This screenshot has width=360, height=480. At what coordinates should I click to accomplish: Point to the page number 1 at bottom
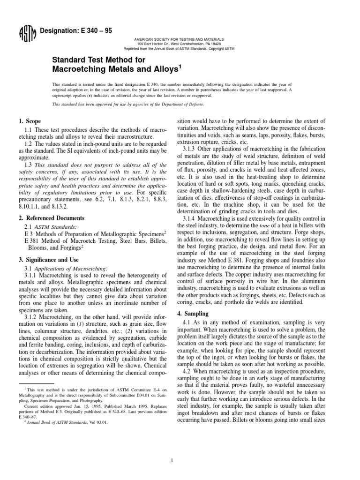point(172,448)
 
